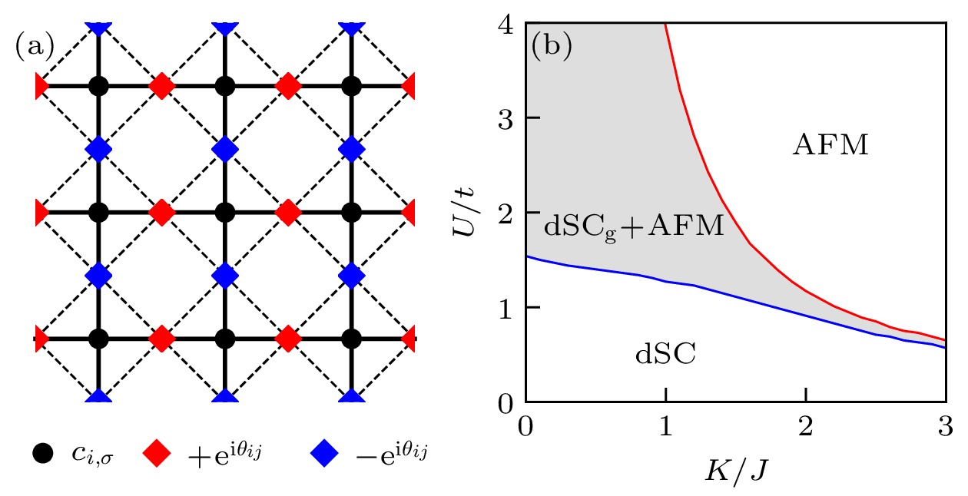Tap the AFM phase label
pyautogui.click(x=830, y=145)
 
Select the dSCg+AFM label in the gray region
pyautogui.click(x=634, y=227)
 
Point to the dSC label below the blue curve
pyautogui.click(x=665, y=355)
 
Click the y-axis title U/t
pyautogui.click(x=466, y=212)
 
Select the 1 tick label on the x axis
pyautogui.click(x=666, y=424)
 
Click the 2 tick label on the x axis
pyautogui.click(x=806, y=424)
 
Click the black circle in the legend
pyautogui.click(x=43, y=454)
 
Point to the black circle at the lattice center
pyautogui.click(x=224, y=212)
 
